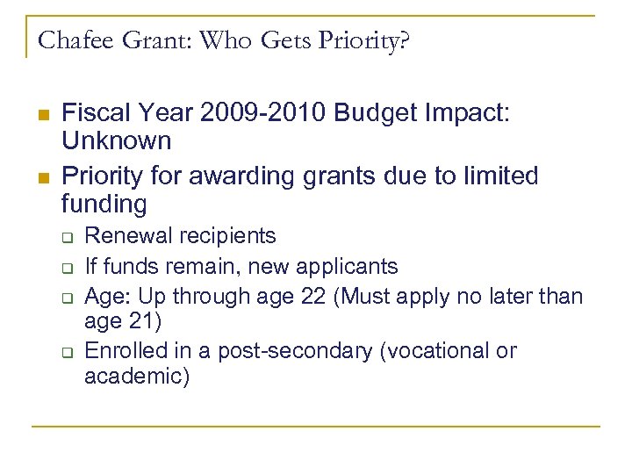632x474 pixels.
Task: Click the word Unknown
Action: pos(117,140)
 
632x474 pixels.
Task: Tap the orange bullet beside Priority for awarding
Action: pos(42,178)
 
